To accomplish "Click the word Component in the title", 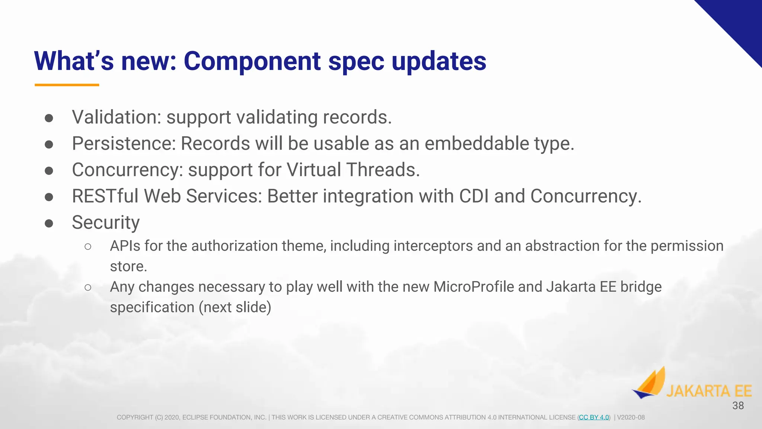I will (252, 61).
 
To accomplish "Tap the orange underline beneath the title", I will (67, 85).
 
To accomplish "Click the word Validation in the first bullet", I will (116, 117).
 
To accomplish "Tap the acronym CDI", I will (474, 196).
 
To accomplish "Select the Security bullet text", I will (106, 223).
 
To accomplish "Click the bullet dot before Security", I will (49, 223).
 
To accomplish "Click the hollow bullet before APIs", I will (88, 247).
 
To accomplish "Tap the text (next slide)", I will (235, 308).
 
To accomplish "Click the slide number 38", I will (738, 406).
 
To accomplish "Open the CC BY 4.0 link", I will (594, 417).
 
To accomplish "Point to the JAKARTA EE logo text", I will (709, 391).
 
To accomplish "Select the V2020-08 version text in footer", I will (631, 417).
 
